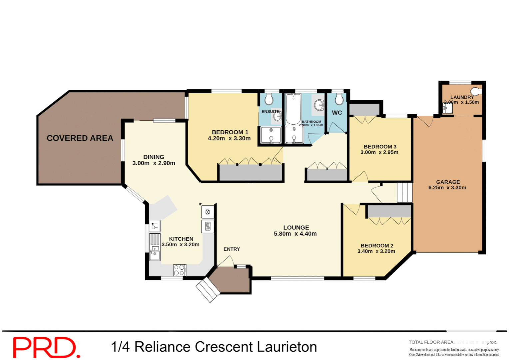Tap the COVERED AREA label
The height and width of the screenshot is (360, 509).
tap(80, 138)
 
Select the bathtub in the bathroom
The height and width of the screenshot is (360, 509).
tap(293, 109)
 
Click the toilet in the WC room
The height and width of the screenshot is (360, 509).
tap(339, 99)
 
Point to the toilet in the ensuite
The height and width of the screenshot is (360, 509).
tap(269, 99)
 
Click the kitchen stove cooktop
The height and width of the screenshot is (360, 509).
tap(180, 270)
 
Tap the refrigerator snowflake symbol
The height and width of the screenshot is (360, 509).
tap(208, 212)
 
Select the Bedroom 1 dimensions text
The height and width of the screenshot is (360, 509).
tap(229, 138)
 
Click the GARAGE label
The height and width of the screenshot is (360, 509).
tap(448, 182)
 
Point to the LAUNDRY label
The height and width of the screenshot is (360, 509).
tap(462, 97)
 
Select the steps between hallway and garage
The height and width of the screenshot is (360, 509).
tap(405, 192)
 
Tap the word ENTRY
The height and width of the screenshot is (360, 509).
tap(232, 249)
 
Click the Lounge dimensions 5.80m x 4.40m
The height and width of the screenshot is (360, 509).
tap(295, 234)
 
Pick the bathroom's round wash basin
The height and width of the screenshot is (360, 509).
tap(319, 105)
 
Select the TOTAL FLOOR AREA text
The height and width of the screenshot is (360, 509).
tap(431, 342)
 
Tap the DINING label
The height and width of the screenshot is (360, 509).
tap(154, 157)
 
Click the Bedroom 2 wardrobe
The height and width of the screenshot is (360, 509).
tap(389, 211)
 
